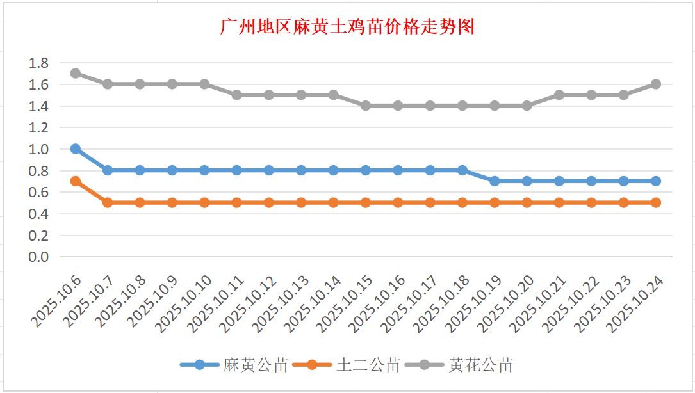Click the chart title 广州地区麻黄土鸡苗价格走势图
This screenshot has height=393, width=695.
347,27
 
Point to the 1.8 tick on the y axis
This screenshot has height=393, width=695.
39,63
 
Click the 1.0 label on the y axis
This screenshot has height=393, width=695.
39,149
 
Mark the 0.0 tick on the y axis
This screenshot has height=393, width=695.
39,257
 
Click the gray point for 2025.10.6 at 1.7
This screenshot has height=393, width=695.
76,73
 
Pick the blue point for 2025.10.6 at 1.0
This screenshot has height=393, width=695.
76,148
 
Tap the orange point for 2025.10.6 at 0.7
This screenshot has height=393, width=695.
76,181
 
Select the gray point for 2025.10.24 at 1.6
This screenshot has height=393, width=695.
656,84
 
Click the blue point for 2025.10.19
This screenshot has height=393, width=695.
495,181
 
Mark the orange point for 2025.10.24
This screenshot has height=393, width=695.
656,202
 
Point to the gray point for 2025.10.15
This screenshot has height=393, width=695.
366,106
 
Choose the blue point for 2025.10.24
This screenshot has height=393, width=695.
656,181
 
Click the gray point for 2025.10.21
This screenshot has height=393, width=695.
559,95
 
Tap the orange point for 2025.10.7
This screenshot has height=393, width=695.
108,202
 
